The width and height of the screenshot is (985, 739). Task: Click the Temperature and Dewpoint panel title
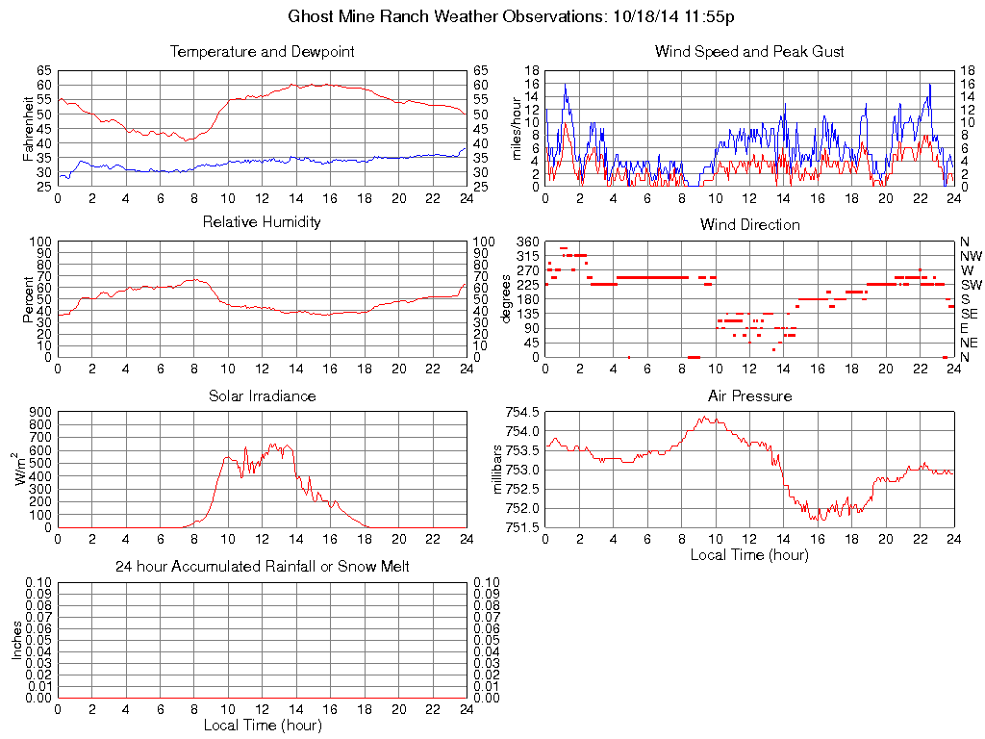[262, 52]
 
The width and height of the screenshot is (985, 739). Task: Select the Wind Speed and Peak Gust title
[749, 52]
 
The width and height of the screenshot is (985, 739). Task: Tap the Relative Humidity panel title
[262, 222]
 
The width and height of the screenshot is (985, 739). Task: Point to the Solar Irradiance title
[262, 396]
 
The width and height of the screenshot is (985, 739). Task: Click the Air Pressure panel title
[749, 396]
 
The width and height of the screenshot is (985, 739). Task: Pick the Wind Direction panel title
[749, 225]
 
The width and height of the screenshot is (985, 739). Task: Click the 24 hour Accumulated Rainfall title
[262, 567]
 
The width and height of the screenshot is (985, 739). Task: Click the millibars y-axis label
[499, 470]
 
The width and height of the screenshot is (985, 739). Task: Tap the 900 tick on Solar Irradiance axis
[40, 412]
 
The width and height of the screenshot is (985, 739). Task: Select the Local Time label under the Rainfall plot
[262, 725]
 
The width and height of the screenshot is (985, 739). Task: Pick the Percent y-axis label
[29, 298]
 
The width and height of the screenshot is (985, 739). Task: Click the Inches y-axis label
[16, 640]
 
